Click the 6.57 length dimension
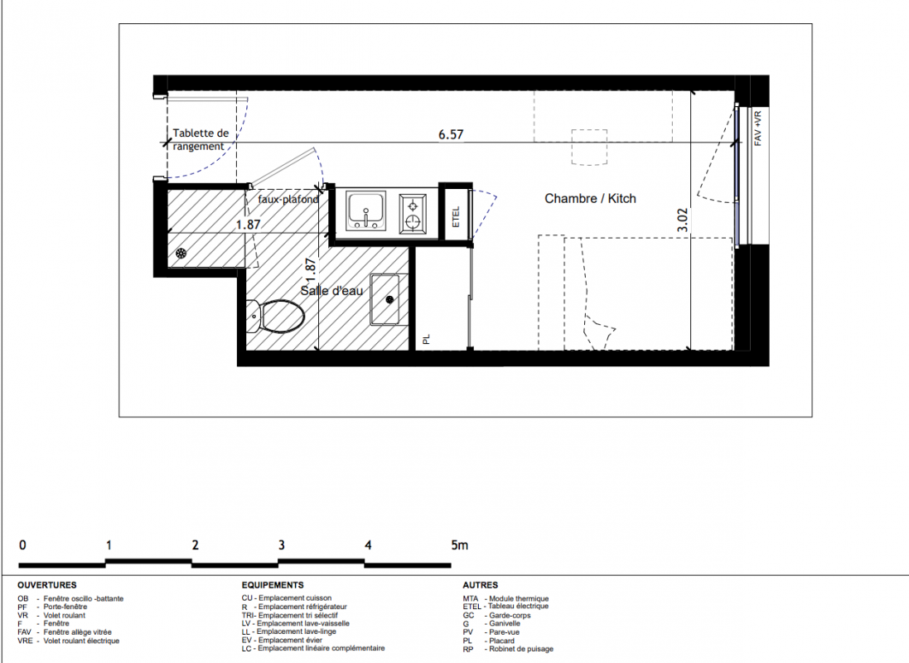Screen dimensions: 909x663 coord(451,134)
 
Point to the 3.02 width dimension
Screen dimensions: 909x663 coord(683,220)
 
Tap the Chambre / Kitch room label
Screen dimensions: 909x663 coord(590,198)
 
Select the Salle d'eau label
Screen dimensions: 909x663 coord(331,291)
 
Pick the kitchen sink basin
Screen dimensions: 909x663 coord(365,211)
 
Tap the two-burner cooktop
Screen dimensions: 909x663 coord(413,213)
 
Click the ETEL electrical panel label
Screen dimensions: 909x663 coord(456,217)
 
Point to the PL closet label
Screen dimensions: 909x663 coord(426,339)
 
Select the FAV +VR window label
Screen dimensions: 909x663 coord(757,128)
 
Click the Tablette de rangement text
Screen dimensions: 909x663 coord(201,139)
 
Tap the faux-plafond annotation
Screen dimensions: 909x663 coord(288,199)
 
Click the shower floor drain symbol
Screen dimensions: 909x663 coord(181,253)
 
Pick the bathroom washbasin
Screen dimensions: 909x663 coord(385,299)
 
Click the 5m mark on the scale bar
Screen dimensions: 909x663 coord(459,544)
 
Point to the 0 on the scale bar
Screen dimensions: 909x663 coord(22,544)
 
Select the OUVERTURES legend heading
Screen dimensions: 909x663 coord(47,585)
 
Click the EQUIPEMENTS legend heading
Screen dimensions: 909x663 coord(273,585)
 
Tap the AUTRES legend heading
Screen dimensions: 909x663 coord(480,585)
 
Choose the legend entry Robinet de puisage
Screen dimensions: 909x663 coord(508,649)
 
